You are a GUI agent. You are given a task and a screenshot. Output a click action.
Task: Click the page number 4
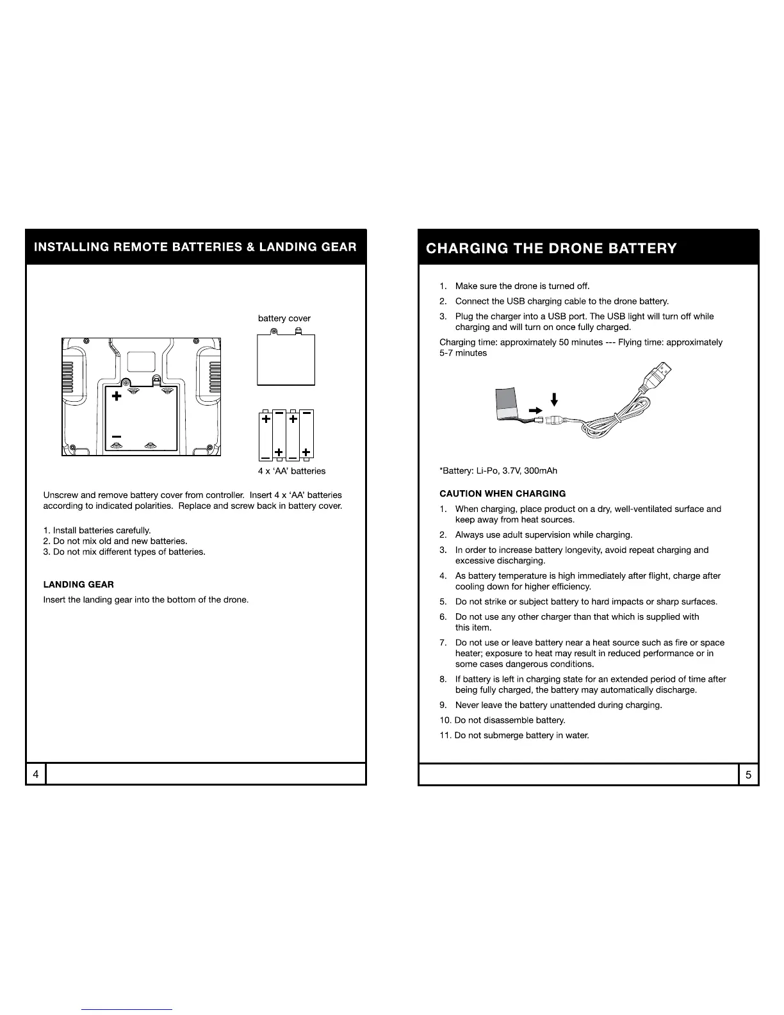tap(36, 775)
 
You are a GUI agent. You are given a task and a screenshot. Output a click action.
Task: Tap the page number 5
tap(748, 775)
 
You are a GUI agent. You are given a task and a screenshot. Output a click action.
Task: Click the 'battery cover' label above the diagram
tap(284, 318)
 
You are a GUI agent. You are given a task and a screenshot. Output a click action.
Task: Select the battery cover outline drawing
tap(286, 359)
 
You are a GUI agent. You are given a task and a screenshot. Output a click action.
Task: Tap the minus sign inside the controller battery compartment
tap(117, 436)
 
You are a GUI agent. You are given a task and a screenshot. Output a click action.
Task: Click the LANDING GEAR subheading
tap(78, 584)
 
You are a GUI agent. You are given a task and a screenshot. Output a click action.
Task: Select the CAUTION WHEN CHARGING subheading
tap(503, 493)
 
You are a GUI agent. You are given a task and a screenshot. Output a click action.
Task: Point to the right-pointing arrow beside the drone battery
tap(534, 408)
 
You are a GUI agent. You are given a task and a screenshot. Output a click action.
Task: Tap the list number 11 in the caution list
tap(446, 735)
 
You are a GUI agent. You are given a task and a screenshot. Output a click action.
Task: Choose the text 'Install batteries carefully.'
tap(102, 531)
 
